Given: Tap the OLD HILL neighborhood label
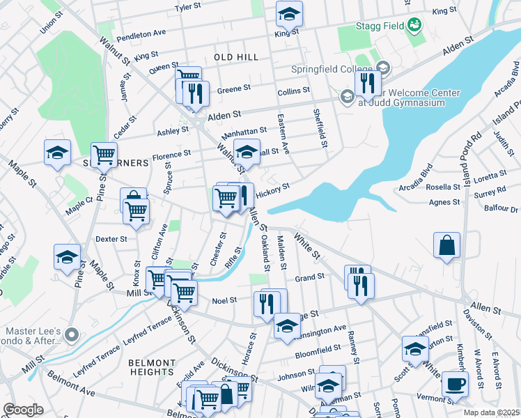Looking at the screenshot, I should click(x=236, y=57).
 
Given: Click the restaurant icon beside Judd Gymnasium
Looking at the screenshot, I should click(x=367, y=84).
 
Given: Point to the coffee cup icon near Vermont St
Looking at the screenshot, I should click(x=455, y=384).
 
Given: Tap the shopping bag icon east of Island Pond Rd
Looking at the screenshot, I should click(x=446, y=245).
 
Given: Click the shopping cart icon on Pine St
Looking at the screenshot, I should click(x=104, y=155).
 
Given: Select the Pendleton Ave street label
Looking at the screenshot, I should click(x=141, y=33).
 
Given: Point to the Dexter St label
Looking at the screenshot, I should click(x=111, y=238).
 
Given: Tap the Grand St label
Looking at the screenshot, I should click(x=310, y=277).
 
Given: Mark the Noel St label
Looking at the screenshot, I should click(x=224, y=300).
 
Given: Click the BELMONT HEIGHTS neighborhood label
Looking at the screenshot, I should click(x=152, y=367).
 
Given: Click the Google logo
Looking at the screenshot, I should click(x=23, y=409).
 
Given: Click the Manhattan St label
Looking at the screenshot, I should click(x=244, y=132).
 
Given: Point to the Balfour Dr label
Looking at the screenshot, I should click(x=501, y=209).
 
